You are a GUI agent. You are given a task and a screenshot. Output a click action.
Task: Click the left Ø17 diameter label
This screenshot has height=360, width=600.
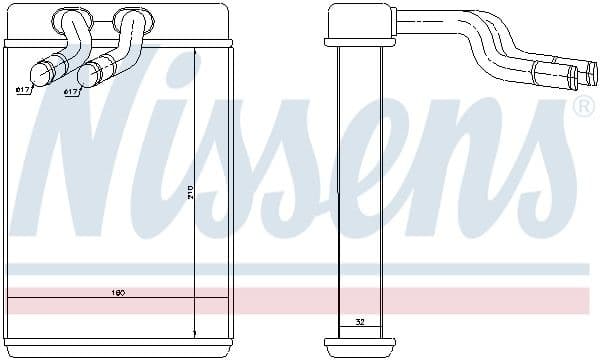click(x=22, y=90)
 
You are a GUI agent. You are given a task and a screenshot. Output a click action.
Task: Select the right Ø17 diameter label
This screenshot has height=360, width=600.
click(x=71, y=92)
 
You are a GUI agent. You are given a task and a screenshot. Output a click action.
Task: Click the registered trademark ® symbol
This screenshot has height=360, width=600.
click(x=581, y=105)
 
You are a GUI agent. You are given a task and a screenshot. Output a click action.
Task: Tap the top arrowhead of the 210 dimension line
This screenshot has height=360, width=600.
click(x=194, y=49)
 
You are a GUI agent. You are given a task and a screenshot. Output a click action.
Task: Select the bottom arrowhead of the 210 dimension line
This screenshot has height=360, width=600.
click(x=194, y=332)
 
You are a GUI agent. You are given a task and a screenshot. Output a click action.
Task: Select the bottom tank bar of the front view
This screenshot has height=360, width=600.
click(x=118, y=346)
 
